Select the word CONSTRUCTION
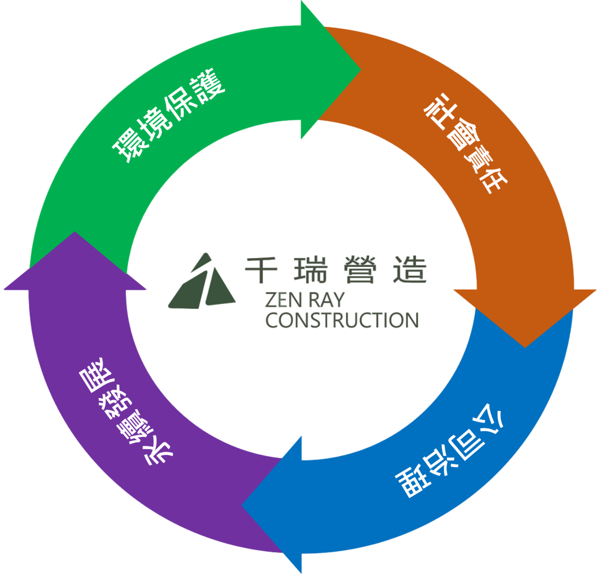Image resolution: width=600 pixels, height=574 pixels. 341,320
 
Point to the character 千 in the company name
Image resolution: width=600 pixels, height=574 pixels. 261,270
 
